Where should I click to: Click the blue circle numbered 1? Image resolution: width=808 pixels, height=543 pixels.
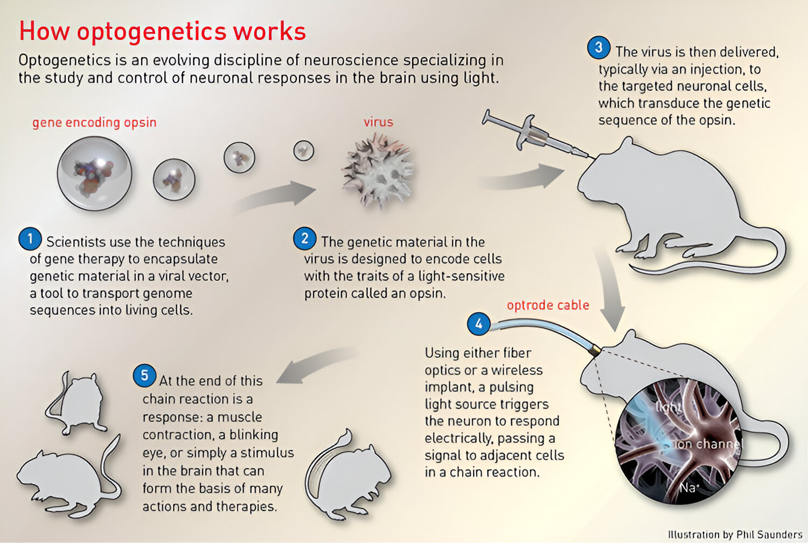click(30, 239)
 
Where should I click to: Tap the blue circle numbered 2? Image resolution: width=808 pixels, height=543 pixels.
click(305, 239)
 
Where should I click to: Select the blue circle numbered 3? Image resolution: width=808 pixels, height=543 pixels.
click(599, 47)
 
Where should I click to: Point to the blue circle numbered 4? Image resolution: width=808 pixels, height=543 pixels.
click(479, 324)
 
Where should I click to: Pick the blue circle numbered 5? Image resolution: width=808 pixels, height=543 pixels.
click(144, 375)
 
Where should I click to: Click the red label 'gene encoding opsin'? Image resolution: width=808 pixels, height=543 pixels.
click(94, 123)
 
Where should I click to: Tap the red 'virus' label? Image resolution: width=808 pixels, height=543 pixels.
click(378, 122)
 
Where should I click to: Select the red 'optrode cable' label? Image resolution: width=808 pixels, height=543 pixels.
click(548, 305)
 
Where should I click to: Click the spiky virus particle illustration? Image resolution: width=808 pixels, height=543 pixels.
click(378, 171)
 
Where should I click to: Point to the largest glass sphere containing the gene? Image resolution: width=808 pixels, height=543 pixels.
click(94, 173)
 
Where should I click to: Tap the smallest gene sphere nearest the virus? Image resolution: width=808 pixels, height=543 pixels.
click(304, 150)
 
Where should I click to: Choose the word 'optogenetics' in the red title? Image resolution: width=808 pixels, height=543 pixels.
click(151, 32)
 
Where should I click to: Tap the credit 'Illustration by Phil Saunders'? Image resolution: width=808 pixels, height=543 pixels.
click(735, 534)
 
